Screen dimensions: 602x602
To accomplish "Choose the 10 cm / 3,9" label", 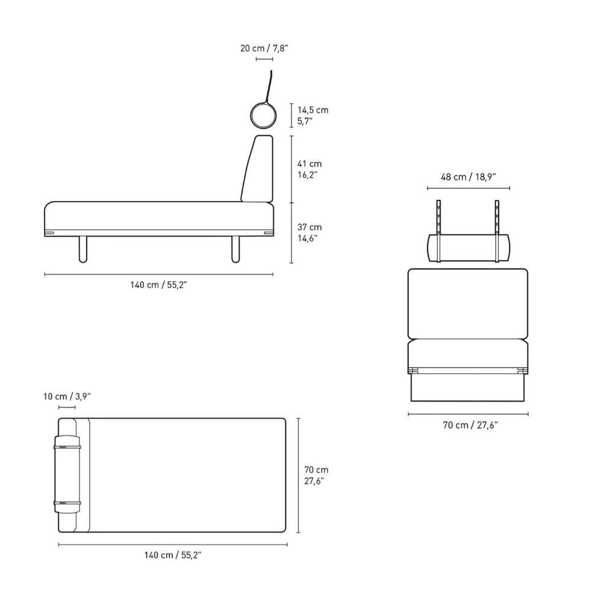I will pos(67,396).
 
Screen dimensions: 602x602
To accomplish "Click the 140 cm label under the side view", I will pos(159,285).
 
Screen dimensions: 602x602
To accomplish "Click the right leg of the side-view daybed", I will pos(235,249).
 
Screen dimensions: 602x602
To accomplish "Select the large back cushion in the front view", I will pos(468,304).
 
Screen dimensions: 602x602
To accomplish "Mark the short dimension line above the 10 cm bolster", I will pos(67,408).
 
